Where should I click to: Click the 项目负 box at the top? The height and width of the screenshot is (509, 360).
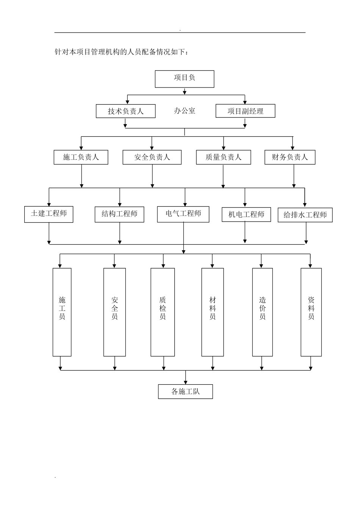point(185,79)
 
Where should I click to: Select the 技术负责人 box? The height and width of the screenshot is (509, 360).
point(125,111)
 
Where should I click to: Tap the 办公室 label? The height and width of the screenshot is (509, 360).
point(185,111)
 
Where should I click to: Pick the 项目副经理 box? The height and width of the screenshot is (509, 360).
point(245,111)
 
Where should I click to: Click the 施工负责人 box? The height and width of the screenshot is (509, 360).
point(81,157)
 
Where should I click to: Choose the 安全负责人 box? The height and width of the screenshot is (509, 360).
point(152,157)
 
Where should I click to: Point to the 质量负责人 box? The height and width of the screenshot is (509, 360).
point(223,157)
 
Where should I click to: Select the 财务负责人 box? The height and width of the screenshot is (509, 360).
point(290,157)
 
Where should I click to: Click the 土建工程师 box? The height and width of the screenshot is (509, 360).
point(49,214)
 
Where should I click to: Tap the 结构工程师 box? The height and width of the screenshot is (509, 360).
point(119,214)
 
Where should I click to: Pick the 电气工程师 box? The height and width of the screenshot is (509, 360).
point(183,214)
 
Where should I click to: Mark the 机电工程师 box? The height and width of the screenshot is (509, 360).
point(246,215)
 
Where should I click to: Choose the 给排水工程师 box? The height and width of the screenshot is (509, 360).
point(305,215)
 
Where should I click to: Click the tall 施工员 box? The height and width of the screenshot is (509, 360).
point(62,312)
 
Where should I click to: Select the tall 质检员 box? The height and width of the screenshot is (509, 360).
point(163,312)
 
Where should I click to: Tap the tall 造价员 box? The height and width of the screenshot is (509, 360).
point(262,312)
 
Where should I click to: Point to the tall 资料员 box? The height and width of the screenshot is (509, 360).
point(311,312)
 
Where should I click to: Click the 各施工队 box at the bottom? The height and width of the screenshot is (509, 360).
point(185,392)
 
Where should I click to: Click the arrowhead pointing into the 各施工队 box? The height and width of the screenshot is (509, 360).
point(185,382)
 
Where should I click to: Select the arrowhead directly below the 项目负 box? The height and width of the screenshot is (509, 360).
point(185,92)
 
